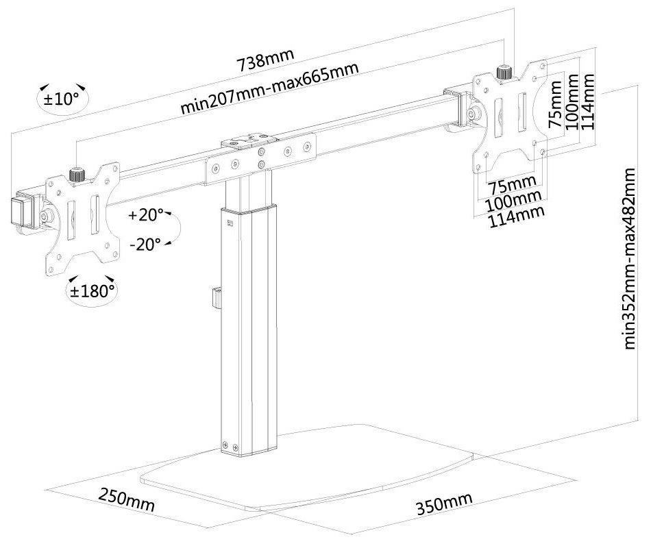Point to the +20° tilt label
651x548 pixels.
[145, 214]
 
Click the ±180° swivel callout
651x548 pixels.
[92, 290]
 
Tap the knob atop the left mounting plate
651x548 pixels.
[77, 175]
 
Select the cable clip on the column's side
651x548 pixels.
[214, 299]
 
